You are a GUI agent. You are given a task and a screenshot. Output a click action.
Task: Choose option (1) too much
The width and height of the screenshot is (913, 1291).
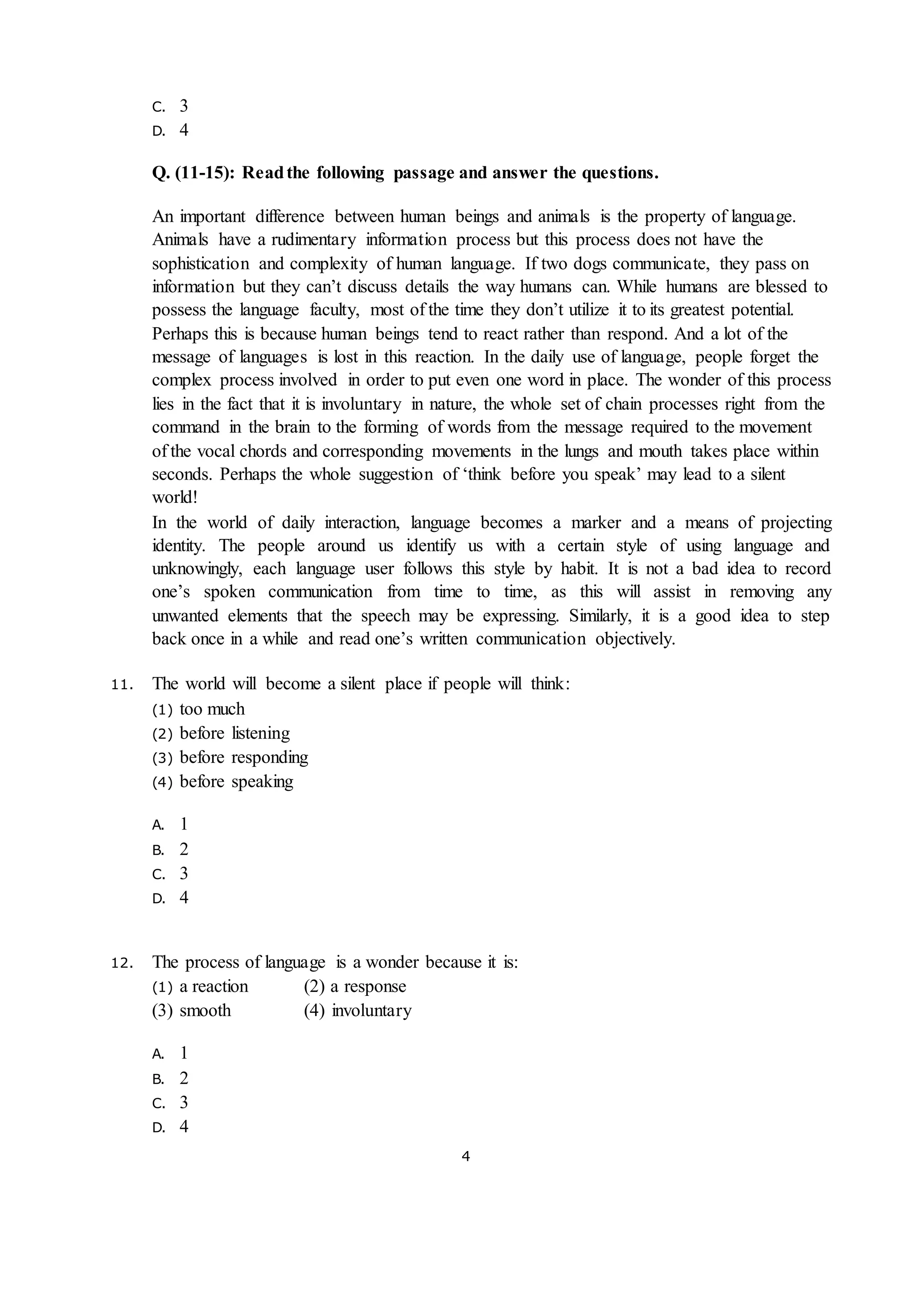coord(198,709)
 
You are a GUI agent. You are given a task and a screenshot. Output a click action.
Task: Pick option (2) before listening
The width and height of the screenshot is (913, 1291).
coord(221,733)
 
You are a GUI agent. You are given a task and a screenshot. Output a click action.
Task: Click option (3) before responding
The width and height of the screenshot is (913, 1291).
coord(230,757)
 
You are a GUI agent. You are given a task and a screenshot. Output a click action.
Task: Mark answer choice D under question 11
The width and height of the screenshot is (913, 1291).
coord(170,898)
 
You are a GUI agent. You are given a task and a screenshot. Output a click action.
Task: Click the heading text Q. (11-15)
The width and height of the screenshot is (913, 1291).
coord(193,173)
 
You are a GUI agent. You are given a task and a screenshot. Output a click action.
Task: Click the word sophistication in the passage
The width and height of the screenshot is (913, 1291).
coord(200,264)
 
